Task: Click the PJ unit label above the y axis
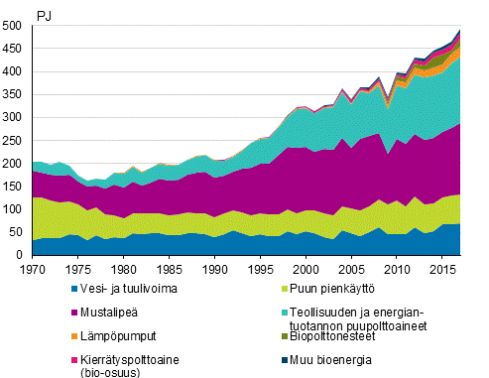(x=44, y=15)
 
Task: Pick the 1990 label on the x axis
(x=210, y=269)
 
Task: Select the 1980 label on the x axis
(x=122, y=269)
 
